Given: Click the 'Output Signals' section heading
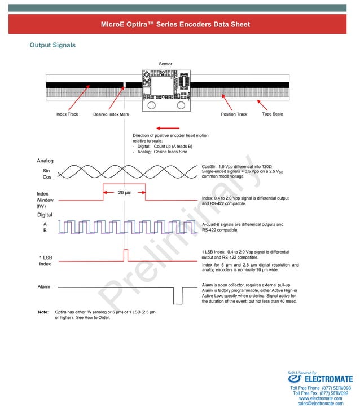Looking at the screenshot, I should [52, 45].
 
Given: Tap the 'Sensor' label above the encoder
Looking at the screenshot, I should [165, 64].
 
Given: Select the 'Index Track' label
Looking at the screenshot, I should [67, 114].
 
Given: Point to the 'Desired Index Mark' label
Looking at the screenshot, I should [111, 114].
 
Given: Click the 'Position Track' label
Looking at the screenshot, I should [234, 114].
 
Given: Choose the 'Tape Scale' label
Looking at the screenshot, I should [273, 114].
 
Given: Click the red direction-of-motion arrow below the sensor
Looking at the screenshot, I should [169, 128].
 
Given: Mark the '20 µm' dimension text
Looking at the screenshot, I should [125, 193].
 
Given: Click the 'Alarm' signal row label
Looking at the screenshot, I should [44, 287].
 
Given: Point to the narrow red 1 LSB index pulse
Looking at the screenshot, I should [125, 255].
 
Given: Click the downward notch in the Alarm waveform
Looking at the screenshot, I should [178, 294].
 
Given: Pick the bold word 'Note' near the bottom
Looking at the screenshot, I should [43, 312].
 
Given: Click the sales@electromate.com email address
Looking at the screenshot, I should [321, 404].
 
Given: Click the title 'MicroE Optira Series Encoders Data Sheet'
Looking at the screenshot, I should [175, 25].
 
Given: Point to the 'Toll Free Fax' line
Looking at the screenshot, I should [321, 393].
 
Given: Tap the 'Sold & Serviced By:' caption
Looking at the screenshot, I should [302, 373].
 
